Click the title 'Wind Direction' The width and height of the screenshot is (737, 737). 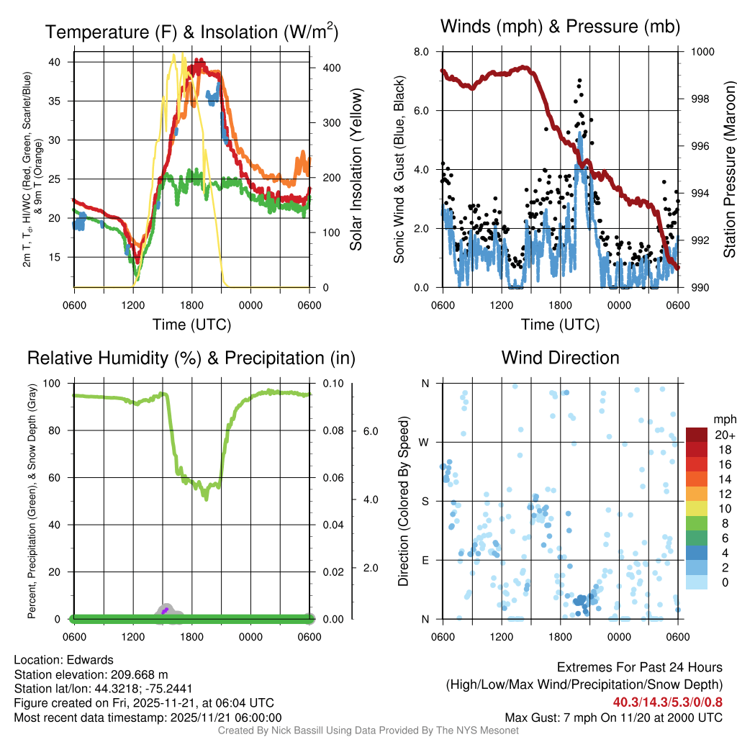click(560, 358)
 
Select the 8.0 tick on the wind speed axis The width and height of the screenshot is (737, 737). click(421, 52)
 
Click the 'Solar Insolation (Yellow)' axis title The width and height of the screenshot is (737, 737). click(356, 170)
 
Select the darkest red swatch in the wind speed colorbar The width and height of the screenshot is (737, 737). click(697, 435)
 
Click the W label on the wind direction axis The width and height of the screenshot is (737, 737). click(425, 442)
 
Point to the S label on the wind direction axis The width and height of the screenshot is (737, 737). click(425, 501)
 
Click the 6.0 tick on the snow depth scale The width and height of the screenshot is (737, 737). click(370, 431)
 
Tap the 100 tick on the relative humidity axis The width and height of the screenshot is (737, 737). click(56, 384)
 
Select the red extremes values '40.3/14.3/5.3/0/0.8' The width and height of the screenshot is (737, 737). click(668, 702)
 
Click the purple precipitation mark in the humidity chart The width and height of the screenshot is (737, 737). click(165, 610)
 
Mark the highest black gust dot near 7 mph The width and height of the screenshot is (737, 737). click(579, 81)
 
